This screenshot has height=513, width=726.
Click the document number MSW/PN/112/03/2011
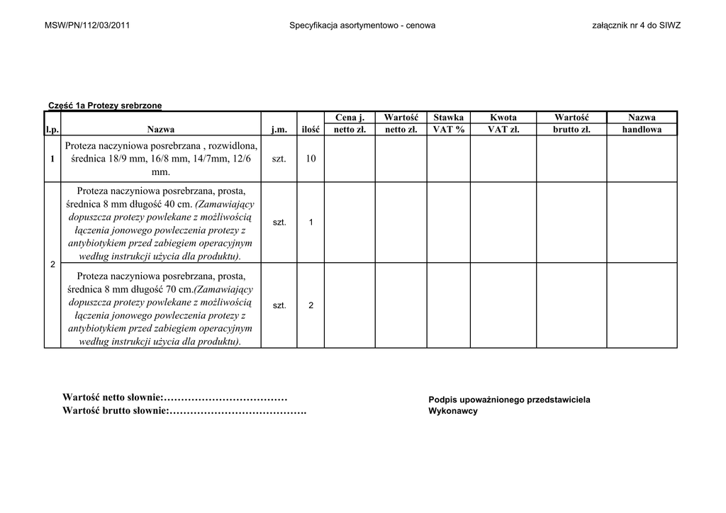point(86,26)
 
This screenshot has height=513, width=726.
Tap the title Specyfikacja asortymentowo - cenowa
point(362,26)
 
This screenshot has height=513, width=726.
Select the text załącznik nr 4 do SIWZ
point(636,26)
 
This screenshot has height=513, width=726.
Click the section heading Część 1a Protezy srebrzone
point(105,106)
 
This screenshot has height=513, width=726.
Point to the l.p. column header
point(52,130)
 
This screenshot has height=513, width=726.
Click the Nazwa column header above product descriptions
point(161,130)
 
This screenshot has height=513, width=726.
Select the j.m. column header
point(279,130)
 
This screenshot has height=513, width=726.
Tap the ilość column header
point(311,130)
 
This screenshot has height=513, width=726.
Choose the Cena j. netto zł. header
point(350,123)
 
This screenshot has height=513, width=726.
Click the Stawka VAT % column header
point(448,123)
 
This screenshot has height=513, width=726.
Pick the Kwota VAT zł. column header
point(503,123)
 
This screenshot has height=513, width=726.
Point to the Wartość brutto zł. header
point(571,123)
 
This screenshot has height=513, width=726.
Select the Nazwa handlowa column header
point(642,123)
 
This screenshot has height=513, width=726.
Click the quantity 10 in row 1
point(311,159)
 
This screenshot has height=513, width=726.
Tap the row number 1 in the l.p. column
point(52,159)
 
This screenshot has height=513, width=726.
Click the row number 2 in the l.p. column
point(52,264)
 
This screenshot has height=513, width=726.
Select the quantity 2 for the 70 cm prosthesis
point(311,305)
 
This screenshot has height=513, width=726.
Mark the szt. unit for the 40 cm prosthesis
point(279,222)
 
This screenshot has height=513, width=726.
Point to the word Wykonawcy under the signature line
point(453,411)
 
